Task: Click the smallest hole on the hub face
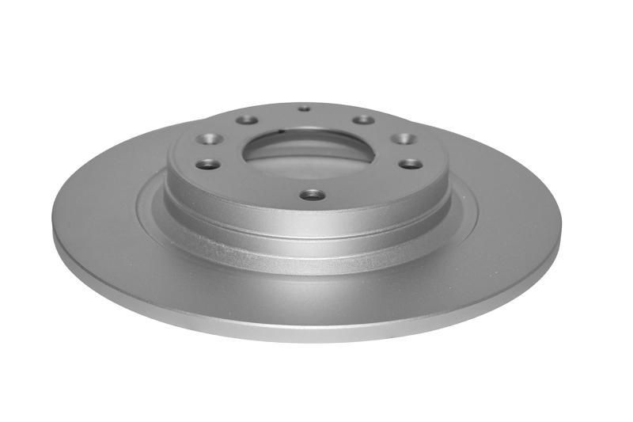(304, 108)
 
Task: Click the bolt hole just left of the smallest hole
(248, 120)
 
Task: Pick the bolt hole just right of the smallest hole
(362, 120)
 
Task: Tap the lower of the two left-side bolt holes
(208, 165)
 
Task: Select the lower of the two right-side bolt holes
(411, 163)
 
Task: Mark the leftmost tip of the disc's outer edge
(52, 230)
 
